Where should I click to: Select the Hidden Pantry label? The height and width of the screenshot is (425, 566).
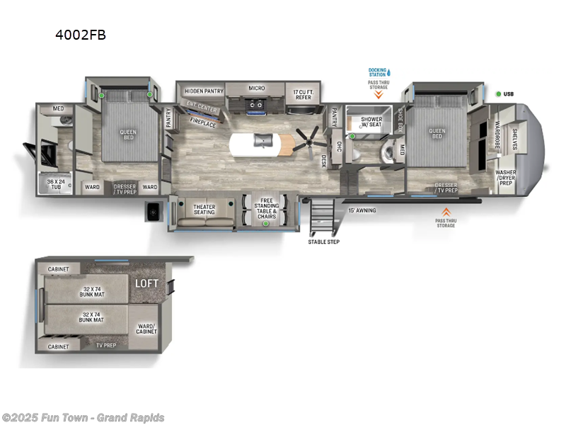[x=204, y=91]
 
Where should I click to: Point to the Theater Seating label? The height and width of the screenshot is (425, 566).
[x=204, y=210]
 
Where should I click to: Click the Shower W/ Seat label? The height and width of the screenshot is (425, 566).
[x=371, y=123]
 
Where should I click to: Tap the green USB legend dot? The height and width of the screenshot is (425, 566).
[x=499, y=94]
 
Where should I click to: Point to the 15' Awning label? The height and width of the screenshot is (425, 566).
[x=362, y=210]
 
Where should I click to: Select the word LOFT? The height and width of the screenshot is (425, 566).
[x=146, y=283]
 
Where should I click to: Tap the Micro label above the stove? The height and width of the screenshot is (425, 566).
[x=256, y=89]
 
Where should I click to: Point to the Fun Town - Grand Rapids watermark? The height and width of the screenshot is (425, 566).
[x=83, y=417]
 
